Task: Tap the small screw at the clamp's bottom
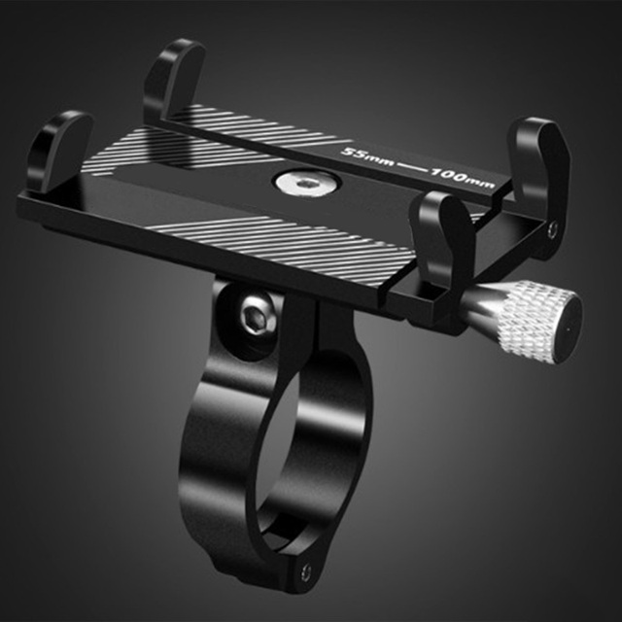click(308, 572)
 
